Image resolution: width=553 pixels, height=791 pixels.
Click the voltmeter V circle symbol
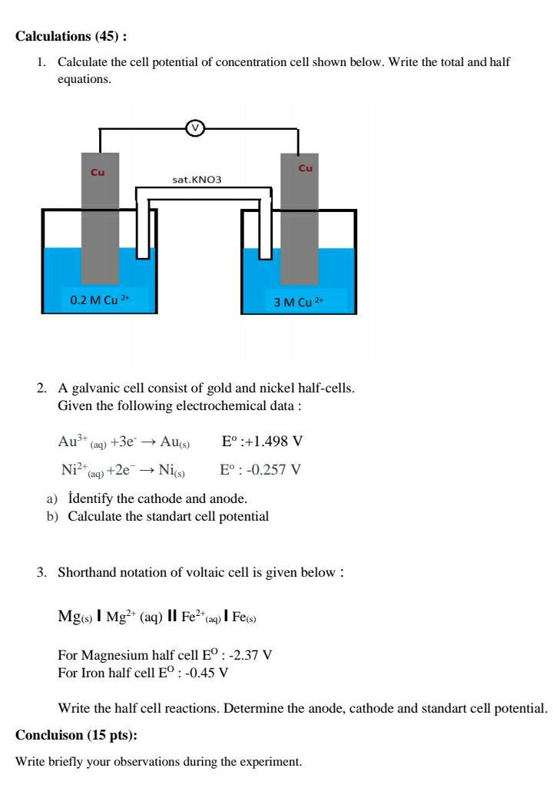pyautogui.click(x=196, y=129)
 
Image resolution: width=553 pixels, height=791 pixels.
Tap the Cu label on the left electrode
pyautogui.click(x=98, y=172)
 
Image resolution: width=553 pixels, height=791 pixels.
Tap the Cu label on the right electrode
pyautogui.click(x=306, y=167)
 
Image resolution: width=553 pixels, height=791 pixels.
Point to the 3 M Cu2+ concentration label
pyautogui.click(x=299, y=302)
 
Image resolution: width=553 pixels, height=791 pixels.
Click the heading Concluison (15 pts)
pyautogui.click(x=76, y=735)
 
